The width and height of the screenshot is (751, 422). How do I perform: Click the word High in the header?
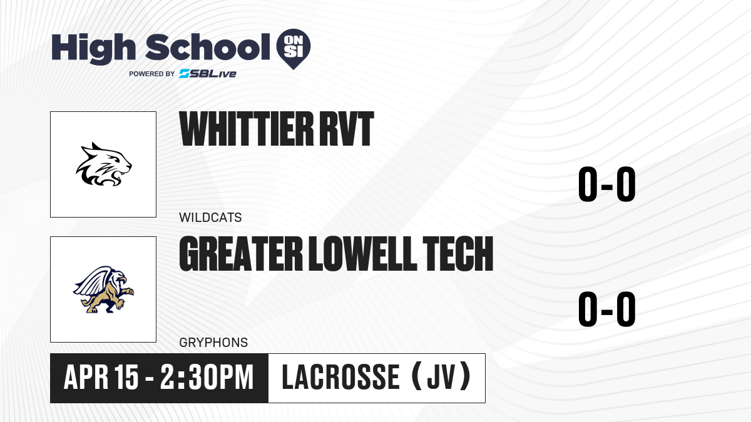[93, 48]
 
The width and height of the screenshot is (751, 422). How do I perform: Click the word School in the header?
[208, 47]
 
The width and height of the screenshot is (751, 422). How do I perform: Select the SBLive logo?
[208, 74]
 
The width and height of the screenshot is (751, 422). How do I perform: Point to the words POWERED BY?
[152, 74]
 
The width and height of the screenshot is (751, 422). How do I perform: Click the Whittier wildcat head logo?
[104, 164]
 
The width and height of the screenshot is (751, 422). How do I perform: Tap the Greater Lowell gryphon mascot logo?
[103, 289]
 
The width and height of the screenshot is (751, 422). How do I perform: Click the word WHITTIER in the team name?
[247, 129]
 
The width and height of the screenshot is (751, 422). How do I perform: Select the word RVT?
[346, 129]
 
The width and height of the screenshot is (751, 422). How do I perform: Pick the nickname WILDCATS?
[210, 218]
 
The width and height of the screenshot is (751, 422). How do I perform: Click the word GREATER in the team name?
[241, 254]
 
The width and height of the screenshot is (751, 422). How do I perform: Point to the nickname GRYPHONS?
[213, 343]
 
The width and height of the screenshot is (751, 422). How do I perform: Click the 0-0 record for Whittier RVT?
[607, 184]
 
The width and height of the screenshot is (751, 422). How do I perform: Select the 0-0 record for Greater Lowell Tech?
[607, 309]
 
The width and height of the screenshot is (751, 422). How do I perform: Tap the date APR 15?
[101, 377]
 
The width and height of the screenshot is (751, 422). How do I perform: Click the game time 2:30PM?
[207, 377]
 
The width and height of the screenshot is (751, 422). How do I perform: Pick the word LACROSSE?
[340, 377]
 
